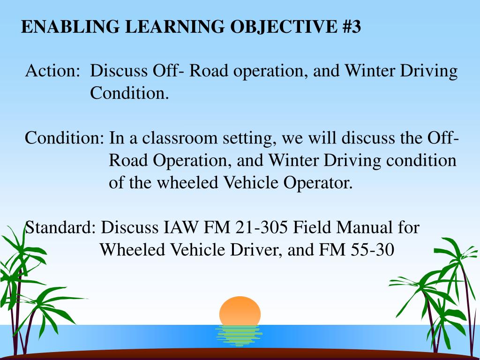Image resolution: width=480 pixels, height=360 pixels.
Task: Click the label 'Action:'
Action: point(52,70)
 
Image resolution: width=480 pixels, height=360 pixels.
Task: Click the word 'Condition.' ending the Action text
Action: point(129,93)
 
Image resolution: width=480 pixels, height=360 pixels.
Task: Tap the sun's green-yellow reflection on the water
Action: point(239,336)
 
